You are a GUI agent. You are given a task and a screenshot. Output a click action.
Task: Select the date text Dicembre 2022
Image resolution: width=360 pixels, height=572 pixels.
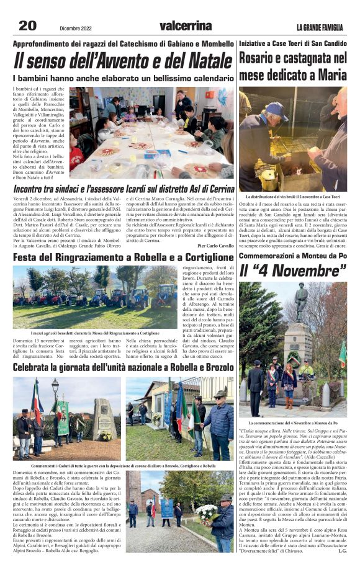click(76, 28)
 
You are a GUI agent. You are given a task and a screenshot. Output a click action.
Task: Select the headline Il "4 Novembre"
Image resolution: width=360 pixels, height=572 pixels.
click(292, 271)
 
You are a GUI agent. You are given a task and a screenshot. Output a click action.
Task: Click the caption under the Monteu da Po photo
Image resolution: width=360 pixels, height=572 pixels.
click(292, 422)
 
